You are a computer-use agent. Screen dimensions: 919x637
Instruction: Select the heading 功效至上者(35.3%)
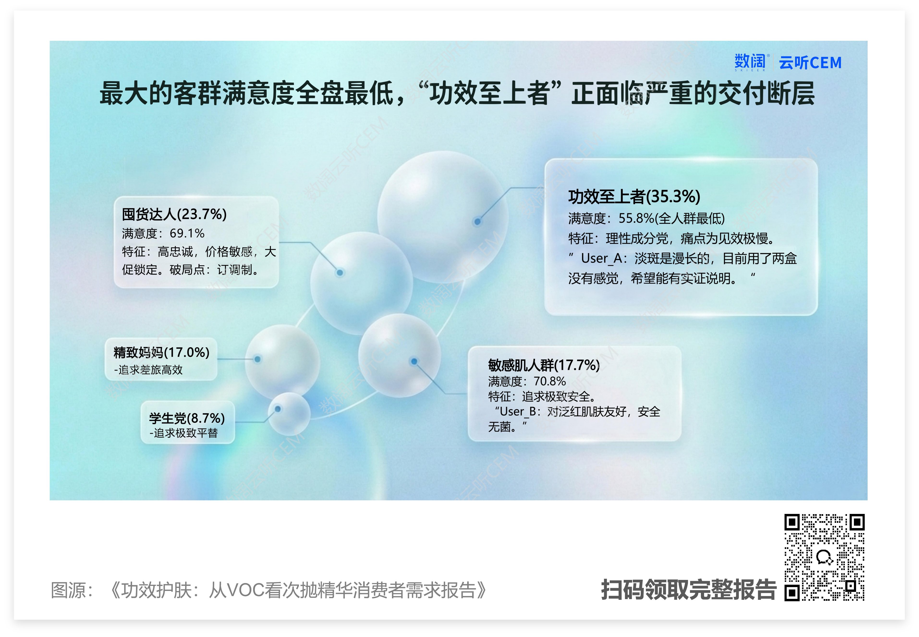[634, 196]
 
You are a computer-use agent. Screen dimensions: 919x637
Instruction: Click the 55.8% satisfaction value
[636, 218]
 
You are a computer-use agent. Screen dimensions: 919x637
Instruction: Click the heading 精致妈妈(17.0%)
[161, 352]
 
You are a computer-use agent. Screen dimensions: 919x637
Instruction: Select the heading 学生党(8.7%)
[187, 418]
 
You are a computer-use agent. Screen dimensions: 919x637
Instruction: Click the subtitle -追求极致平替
[184, 433]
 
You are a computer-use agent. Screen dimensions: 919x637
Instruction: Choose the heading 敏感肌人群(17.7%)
[544, 365]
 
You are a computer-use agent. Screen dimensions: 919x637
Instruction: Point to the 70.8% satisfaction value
[550, 381]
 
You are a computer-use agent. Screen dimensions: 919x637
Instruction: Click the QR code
[824, 557]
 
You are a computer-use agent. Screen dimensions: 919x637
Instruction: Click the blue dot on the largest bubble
[477, 221]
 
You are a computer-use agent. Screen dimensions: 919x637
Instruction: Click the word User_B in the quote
[517, 411]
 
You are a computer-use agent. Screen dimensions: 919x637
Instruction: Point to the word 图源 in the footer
[68, 590]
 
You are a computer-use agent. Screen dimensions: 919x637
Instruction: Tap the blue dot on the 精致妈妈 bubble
[258, 359]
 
